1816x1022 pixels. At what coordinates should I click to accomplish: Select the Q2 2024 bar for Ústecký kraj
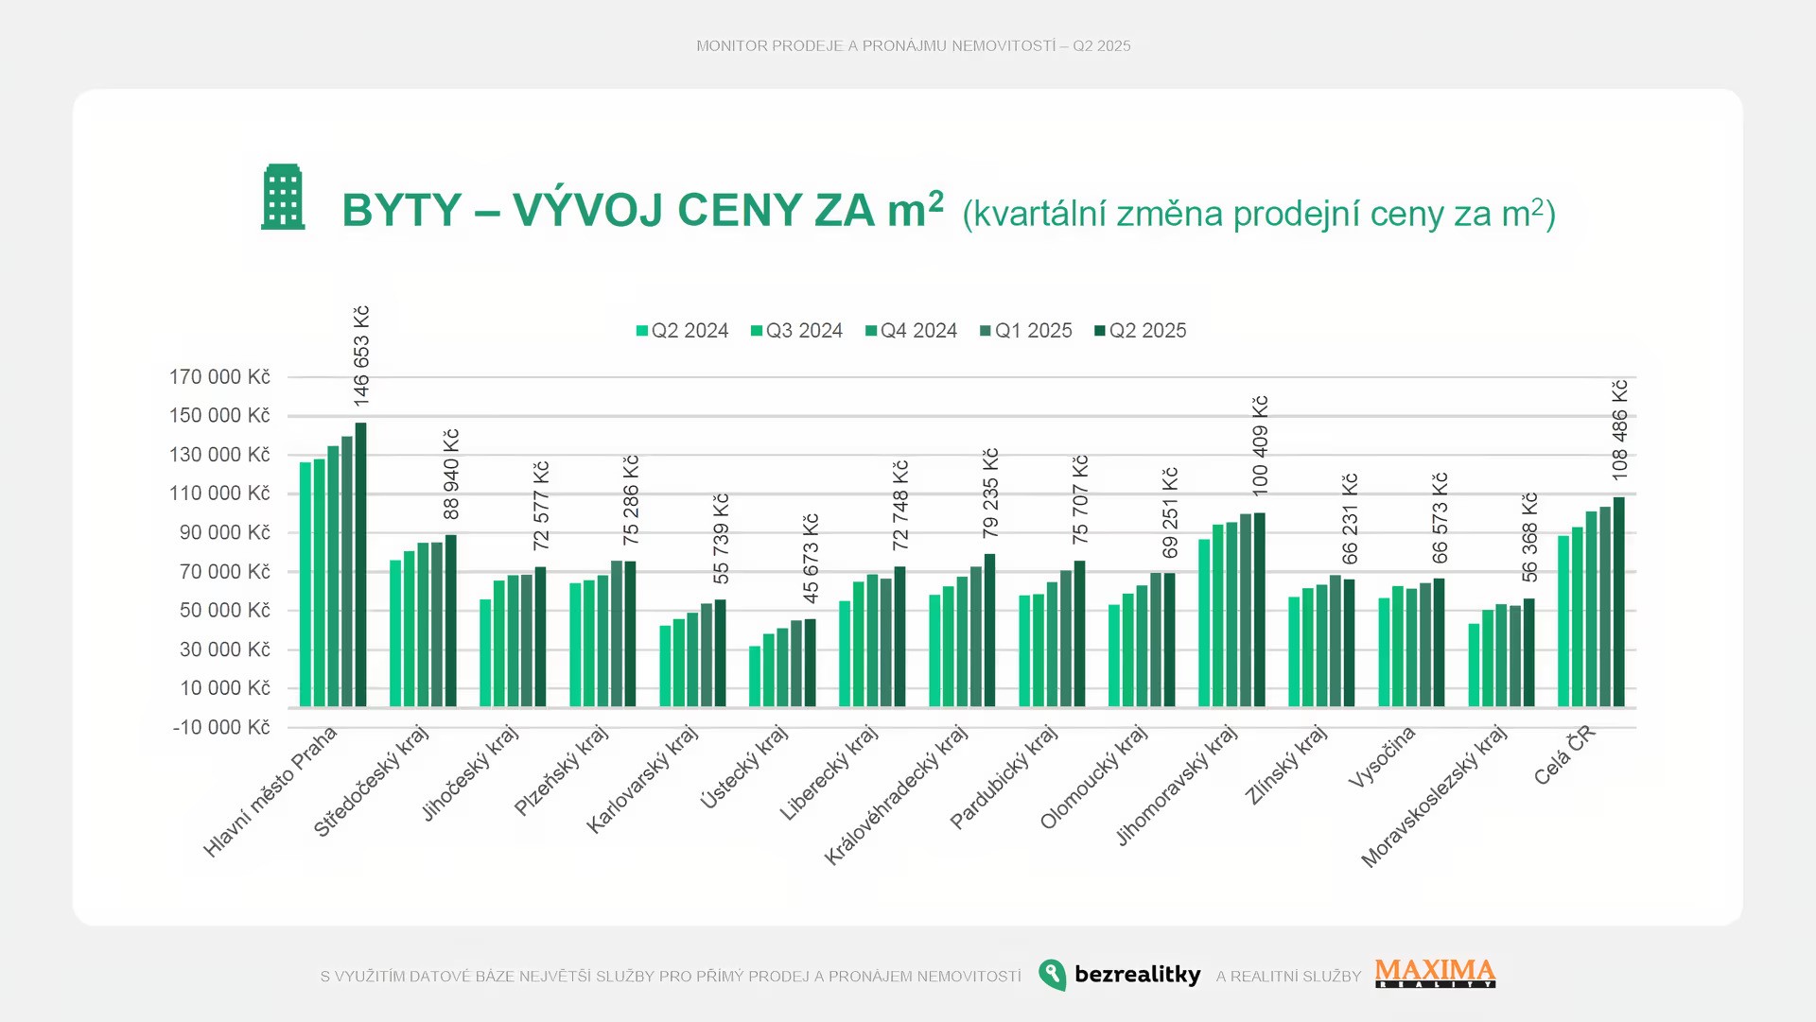pos(755,676)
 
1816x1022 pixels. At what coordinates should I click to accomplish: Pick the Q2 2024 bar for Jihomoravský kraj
pos(1204,623)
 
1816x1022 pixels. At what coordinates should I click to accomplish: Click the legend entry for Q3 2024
pos(796,331)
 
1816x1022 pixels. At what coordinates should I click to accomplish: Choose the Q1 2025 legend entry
pos(1026,331)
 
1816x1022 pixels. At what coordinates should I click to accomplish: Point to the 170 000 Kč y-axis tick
pos(219,377)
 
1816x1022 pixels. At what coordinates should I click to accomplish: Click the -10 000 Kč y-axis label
pos(221,727)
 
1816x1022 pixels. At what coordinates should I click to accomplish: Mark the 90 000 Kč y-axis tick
pos(225,532)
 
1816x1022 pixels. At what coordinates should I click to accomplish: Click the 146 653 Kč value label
pos(361,355)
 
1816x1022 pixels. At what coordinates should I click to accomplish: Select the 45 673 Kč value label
pos(811,559)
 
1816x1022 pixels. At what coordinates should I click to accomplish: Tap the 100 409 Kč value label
pos(1260,445)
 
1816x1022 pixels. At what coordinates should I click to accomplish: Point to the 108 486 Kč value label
pos(1619,430)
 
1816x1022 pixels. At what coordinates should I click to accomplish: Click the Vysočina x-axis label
pos(1382,756)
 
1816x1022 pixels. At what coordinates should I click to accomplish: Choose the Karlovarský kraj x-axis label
pos(642,780)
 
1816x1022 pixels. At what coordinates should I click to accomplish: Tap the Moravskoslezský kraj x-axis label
pos(1434,796)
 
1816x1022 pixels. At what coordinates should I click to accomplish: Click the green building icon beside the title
pos(283,197)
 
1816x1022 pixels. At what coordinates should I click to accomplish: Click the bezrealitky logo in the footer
pos(1120,975)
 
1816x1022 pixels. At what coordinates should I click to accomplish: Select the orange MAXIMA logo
pos(1435,973)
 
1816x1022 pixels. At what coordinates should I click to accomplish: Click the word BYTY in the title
pos(402,210)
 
